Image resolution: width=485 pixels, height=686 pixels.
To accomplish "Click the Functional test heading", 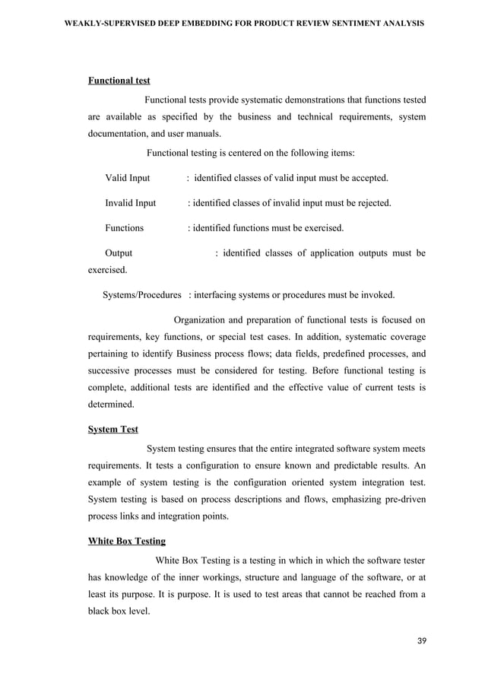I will (x=119, y=80).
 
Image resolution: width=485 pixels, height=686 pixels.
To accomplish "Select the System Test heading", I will (x=113, y=429).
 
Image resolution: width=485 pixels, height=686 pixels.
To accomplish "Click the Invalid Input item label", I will (x=130, y=203).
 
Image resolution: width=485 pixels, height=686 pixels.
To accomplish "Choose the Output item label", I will (x=118, y=252).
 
